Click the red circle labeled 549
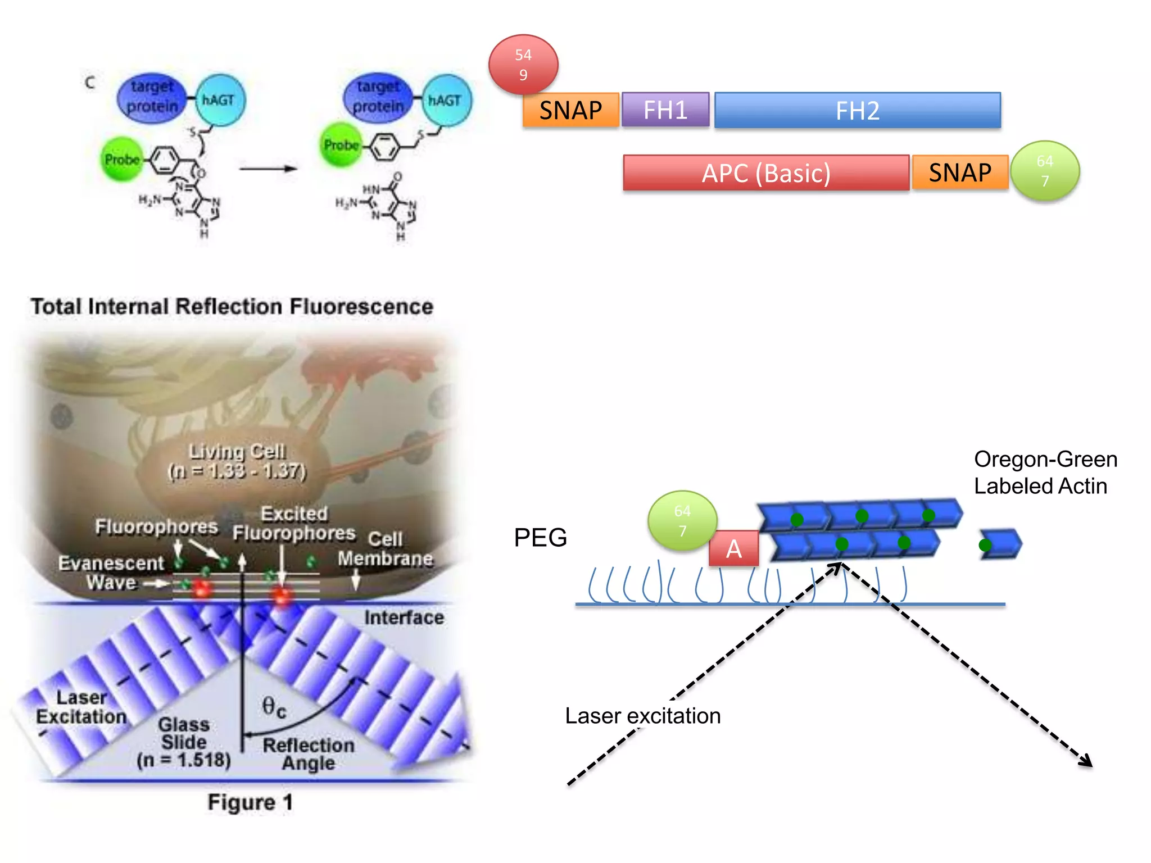523,65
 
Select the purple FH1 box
665,110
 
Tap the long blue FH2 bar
857,111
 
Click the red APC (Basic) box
765,173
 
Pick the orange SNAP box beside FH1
570,110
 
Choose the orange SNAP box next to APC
960,172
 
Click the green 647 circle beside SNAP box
1044,171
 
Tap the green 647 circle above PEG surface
682,521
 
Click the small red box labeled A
733,548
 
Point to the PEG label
540,538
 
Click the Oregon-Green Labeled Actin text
1045,473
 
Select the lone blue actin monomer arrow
1001,544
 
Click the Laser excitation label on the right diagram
642,716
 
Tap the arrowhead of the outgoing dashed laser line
1087,762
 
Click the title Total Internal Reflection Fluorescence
232,307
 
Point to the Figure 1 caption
250,802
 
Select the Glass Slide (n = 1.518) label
184,742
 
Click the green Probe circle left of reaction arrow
122,160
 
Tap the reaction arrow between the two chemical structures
268,168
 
